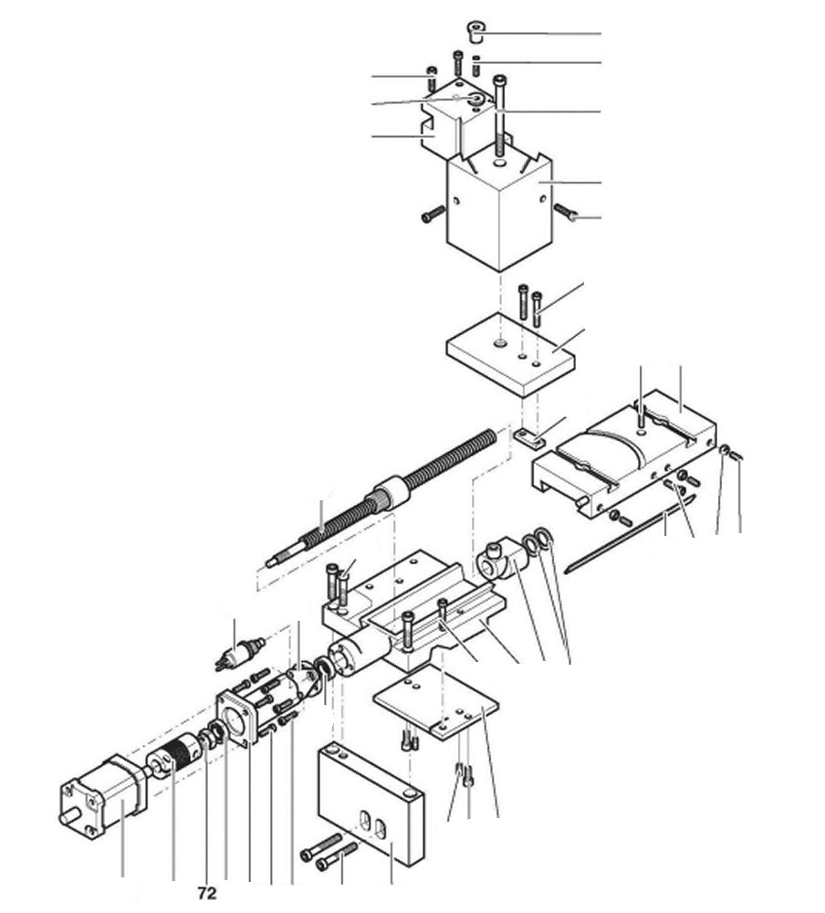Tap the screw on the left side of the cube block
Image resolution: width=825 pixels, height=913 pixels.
(x=432, y=216)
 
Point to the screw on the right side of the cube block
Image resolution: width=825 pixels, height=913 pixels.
(x=567, y=213)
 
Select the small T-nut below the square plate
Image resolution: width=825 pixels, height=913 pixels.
(x=526, y=436)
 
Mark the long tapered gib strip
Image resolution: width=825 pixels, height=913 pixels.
(x=630, y=535)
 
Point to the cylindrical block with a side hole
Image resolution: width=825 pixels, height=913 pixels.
(x=501, y=556)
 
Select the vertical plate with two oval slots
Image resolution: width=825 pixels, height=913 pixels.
(x=370, y=803)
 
